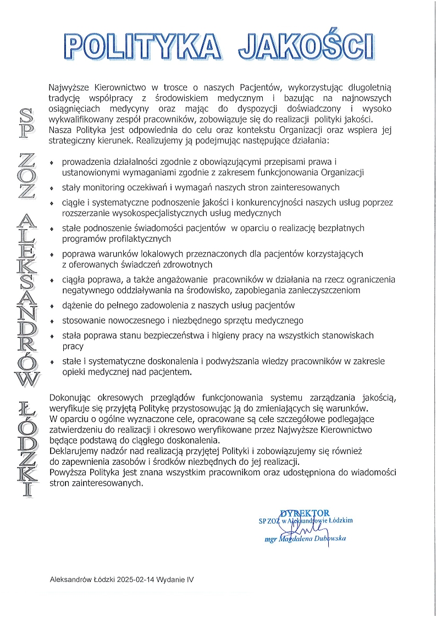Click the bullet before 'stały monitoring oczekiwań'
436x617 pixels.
pos(52,188)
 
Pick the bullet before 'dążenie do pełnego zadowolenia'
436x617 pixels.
pos(52,307)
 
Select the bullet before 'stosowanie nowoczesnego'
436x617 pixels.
pos(52,321)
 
